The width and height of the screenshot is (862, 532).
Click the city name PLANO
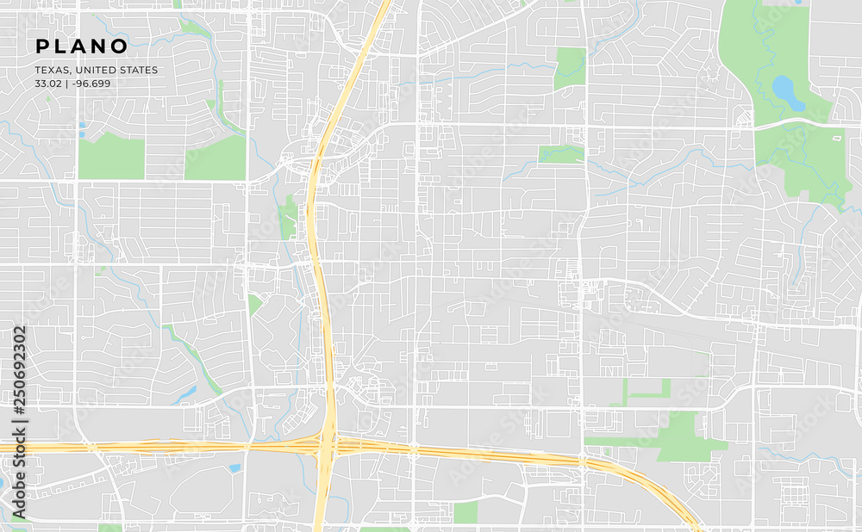[82, 46]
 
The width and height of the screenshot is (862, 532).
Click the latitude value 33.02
[48, 84]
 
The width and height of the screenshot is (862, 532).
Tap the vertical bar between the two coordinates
[68, 84]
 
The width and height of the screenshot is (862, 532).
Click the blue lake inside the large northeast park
[787, 91]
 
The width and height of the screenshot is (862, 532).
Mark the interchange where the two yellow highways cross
[328, 443]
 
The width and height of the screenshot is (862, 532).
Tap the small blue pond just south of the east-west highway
[234, 468]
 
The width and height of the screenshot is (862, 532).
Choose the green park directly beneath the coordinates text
[111, 158]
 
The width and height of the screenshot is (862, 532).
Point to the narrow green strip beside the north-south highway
[289, 217]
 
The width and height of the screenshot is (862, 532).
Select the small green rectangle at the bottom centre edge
[465, 512]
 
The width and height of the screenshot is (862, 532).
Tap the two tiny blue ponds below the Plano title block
[83, 129]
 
